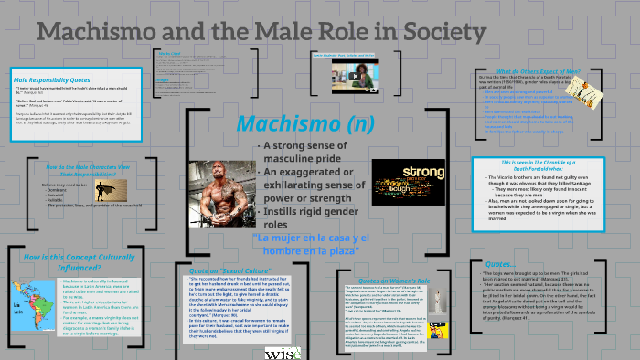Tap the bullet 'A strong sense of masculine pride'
pos(303,152)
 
